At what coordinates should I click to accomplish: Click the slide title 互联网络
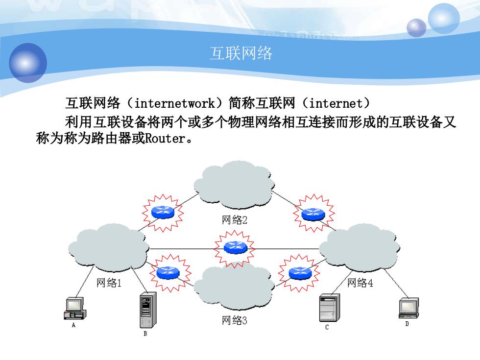click(x=241, y=53)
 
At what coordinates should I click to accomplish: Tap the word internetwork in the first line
click(x=174, y=103)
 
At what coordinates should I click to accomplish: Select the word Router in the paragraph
click(x=165, y=138)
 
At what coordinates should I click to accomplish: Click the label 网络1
click(x=109, y=283)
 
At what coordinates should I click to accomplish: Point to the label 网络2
click(x=235, y=219)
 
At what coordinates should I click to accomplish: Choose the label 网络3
click(x=235, y=320)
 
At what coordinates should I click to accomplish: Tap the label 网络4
click(x=360, y=283)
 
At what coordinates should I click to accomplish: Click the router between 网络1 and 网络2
click(x=163, y=212)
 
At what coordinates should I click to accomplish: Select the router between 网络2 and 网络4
click(x=313, y=214)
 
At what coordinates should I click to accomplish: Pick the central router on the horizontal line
click(x=235, y=247)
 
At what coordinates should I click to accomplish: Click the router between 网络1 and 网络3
click(x=168, y=272)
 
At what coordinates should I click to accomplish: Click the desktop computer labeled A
click(x=74, y=308)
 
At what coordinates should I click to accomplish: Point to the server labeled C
click(x=329, y=308)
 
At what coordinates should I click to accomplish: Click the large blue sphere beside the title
click(x=28, y=63)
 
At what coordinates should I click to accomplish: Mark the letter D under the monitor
click(x=407, y=324)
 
